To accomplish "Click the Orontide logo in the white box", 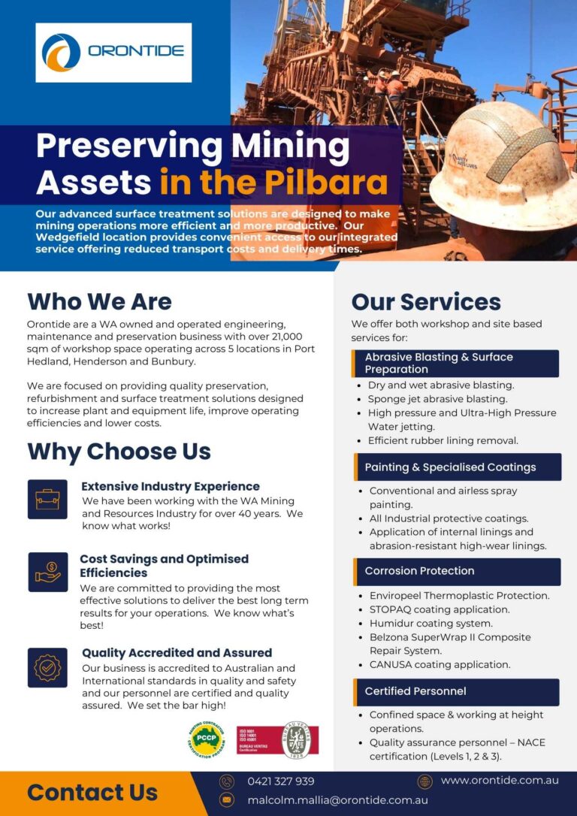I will tap(113, 52).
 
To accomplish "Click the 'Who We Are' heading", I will tap(99, 302).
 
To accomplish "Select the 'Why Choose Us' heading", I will tap(119, 452).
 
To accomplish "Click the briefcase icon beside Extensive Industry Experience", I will tap(47, 500).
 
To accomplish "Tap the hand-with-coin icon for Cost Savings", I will tap(47, 572).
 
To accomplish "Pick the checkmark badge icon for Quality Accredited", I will tap(47, 667).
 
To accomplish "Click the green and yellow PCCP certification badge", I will tap(207, 739).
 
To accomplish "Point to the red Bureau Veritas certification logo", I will tap(277, 739).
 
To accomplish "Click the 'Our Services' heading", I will tap(426, 302).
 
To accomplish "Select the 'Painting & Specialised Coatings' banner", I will tap(458, 467).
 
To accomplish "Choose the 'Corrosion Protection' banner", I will tap(458, 571).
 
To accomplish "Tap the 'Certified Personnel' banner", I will tap(456, 691).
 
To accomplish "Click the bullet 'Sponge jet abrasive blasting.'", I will tap(437, 399).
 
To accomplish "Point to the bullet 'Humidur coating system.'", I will tap(430, 623).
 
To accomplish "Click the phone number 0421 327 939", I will tap(281, 781).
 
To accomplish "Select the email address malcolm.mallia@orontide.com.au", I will tap(337, 800).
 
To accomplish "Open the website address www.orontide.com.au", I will tap(500, 781).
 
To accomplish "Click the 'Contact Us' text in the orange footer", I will tap(92, 793).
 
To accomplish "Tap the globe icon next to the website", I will tap(425, 781).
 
